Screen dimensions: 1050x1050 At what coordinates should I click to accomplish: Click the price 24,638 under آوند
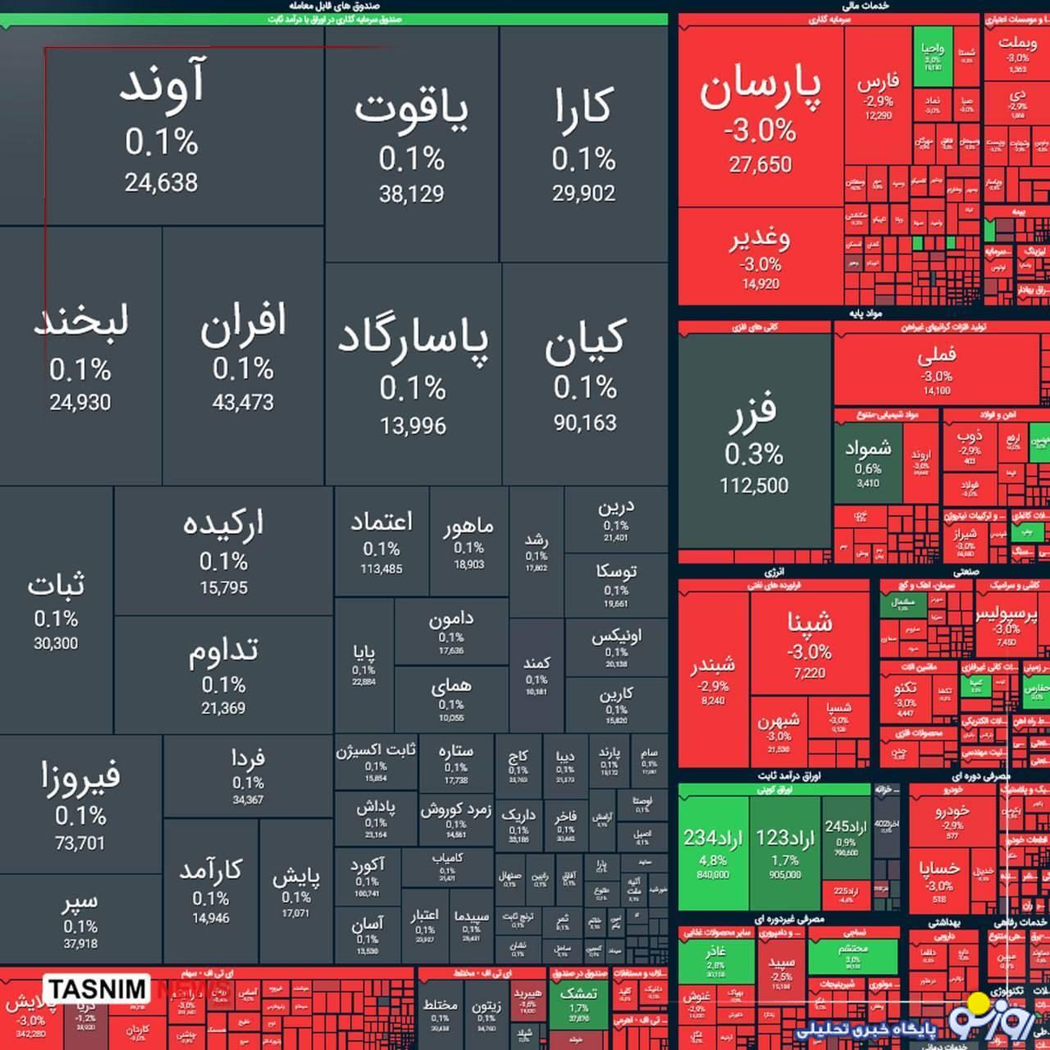(161, 182)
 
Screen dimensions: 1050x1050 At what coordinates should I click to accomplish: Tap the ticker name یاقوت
(411, 112)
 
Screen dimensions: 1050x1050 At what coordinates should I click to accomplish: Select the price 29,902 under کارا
(583, 193)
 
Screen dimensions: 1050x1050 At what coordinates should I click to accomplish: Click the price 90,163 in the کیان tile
(584, 422)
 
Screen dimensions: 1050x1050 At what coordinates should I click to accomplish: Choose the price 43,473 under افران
(243, 402)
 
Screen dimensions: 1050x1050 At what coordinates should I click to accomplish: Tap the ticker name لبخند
(80, 321)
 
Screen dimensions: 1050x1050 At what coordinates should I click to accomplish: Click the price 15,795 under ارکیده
(223, 587)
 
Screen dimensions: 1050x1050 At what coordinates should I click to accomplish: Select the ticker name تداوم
(223, 651)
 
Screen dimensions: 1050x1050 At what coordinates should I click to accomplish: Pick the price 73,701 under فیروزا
(80, 842)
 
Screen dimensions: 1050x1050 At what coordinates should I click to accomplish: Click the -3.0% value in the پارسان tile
(760, 130)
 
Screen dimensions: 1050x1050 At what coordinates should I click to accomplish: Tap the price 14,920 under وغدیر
(760, 284)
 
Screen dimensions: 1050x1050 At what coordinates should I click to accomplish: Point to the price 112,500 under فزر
(754, 486)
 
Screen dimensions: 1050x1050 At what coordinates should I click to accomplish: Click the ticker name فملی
(936, 355)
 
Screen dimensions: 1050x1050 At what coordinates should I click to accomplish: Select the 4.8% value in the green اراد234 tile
(712, 860)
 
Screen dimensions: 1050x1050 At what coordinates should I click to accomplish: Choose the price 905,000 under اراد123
(785, 874)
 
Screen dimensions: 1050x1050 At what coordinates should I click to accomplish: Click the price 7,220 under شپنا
(809, 673)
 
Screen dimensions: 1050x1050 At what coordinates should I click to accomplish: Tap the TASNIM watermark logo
(96, 989)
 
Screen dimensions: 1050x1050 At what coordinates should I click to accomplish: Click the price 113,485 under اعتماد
(381, 568)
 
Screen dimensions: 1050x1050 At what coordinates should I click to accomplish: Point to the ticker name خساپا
(939, 868)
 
